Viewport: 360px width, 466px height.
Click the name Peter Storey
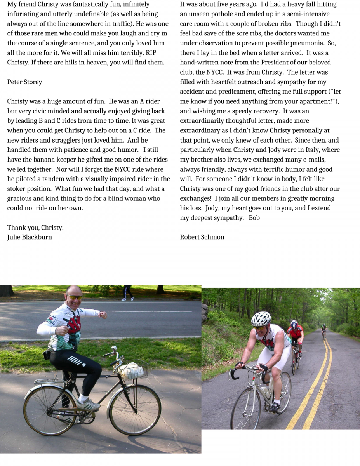tap(24, 82)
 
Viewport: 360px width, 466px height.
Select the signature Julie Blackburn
tap(30, 237)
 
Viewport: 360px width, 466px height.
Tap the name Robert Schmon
tap(202, 237)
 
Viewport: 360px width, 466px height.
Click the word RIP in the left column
tap(146, 53)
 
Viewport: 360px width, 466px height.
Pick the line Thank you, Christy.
tap(35, 228)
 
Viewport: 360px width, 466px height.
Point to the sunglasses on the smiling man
tap(75, 297)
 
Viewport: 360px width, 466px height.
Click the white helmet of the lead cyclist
tap(261, 319)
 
